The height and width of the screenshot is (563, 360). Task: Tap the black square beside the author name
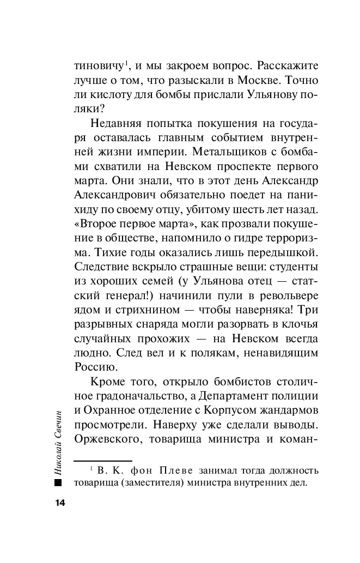pyautogui.click(x=59, y=483)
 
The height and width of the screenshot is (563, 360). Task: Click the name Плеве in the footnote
pyautogui.click(x=180, y=470)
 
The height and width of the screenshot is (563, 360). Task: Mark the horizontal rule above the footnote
pyautogui.click(x=103, y=461)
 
